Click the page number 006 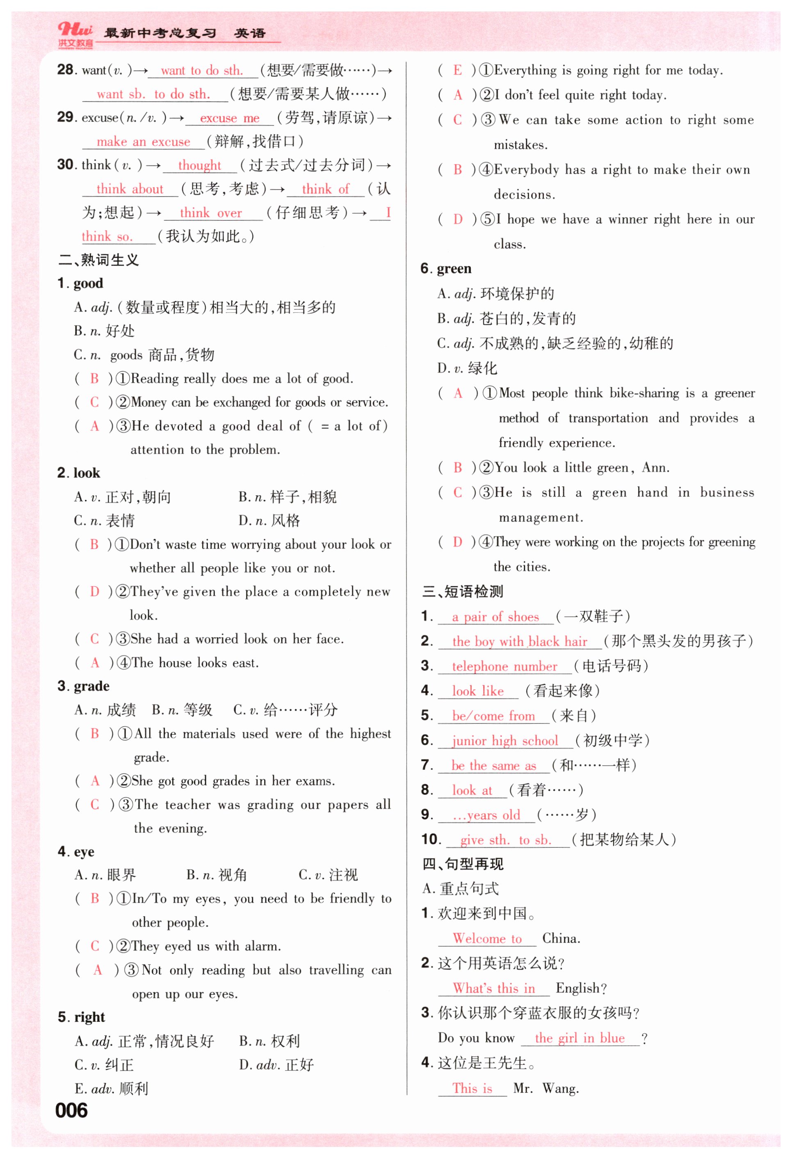pyautogui.click(x=71, y=1110)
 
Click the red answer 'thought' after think pyautogui.click(x=199, y=165)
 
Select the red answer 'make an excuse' pyautogui.click(x=143, y=142)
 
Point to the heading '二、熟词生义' pyautogui.click(x=98, y=260)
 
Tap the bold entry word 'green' pyautogui.click(x=454, y=268)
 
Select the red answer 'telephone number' pyautogui.click(x=504, y=666)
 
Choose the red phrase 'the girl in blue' pyautogui.click(x=579, y=1038)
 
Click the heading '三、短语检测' pyautogui.click(x=463, y=591)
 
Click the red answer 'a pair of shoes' pyautogui.click(x=495, y=617)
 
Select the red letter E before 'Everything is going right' pyautogui.click(x=457, y=70)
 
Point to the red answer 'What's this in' pyautogui.click(x=494, y=988)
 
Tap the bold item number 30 pyautogui.click(x=66, y=165)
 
